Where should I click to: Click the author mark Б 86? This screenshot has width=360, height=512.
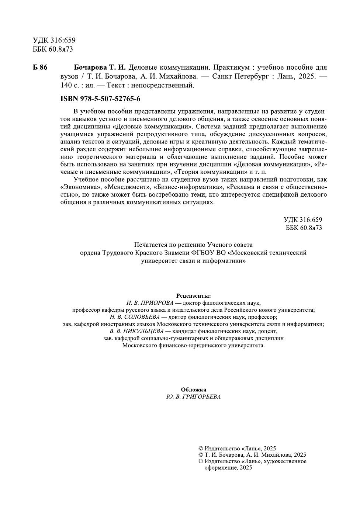[x=40, y=68]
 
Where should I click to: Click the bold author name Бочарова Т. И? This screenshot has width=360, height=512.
[x=100, y=68]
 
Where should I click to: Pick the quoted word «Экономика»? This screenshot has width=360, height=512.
[x=80, y=187]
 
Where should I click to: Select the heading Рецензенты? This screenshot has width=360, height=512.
[x=193, y=296]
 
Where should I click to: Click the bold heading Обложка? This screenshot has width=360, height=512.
[x=193, y=390]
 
